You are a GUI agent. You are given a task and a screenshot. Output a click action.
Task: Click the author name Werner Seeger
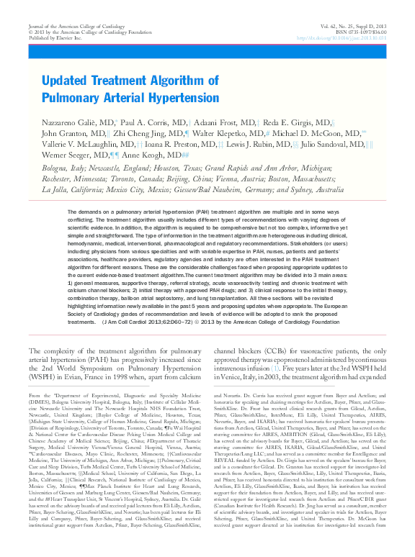click(71, 155)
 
